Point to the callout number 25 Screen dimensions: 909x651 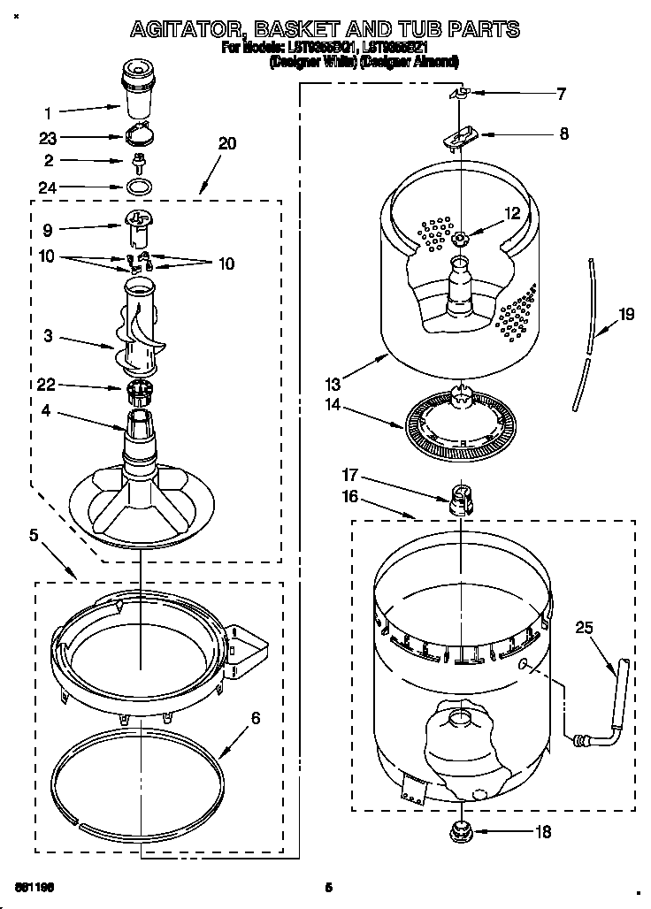click(583, 629)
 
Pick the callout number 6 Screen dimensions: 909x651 click(255, 718)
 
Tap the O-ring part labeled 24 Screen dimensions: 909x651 click(138, 187)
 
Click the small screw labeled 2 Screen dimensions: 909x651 click(138, 162)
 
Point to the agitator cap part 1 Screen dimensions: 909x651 click(136, 88)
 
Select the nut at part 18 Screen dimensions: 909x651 click(460, 829)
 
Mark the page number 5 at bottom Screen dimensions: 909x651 click(326, 887)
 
